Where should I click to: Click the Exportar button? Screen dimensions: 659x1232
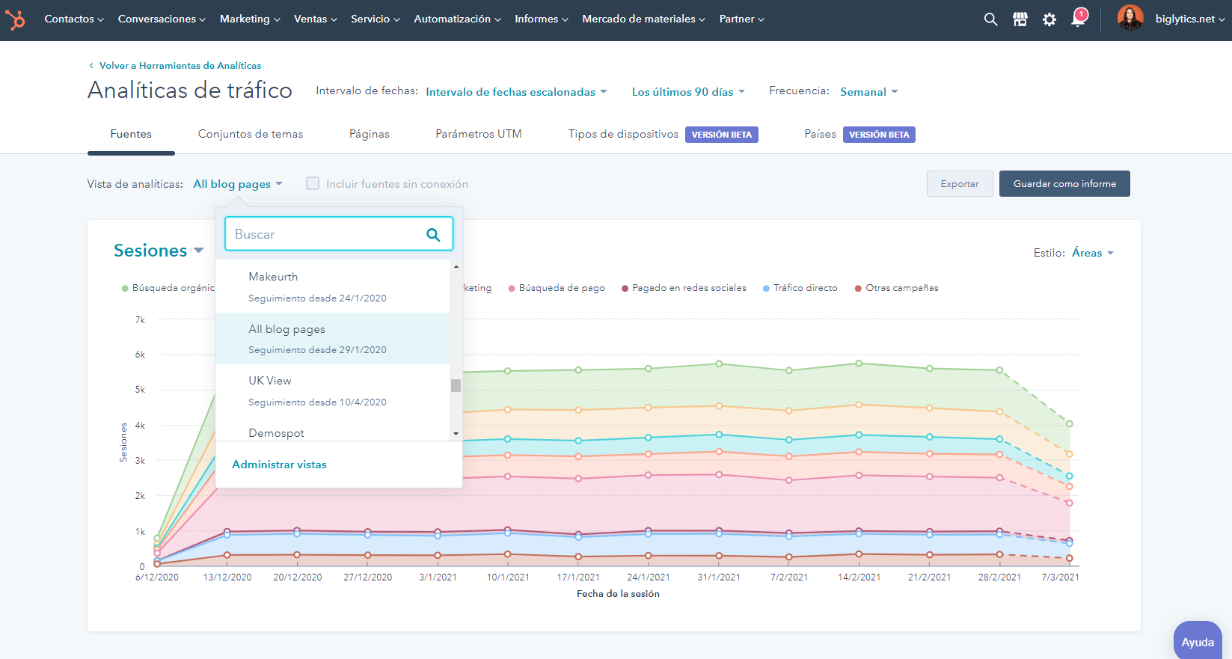(959, 184)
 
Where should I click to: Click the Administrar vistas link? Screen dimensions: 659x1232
(279, 465)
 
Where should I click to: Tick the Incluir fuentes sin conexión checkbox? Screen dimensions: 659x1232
(313, 183)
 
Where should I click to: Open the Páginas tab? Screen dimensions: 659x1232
(369, 134)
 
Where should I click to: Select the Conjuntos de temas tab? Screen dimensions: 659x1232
(250, 134)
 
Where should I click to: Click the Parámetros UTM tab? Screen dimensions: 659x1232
(478, 134)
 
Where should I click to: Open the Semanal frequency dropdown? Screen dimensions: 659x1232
(868, 92)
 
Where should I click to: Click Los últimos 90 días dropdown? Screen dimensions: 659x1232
(687, 92)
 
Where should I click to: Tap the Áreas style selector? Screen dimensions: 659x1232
(1092, 253)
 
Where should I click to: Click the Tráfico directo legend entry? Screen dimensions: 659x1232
(805, 288)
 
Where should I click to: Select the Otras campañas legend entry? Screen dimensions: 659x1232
(901, 288)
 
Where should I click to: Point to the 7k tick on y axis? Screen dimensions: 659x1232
(140, 320)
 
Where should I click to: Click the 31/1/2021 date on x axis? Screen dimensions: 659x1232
(718, 577)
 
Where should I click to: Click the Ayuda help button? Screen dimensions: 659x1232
(1197, 642)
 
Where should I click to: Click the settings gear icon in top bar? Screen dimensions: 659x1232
(1049, 19)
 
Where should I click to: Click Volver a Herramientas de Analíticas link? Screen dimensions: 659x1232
(180, 66)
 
